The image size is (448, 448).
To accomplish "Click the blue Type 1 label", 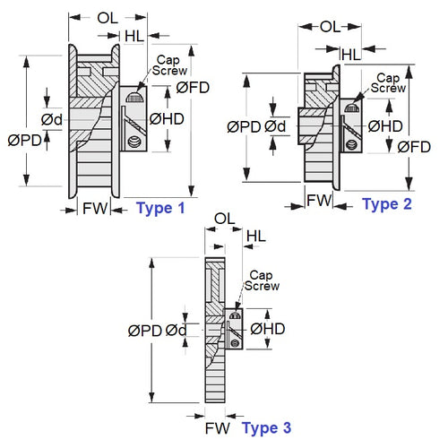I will coord(160,208).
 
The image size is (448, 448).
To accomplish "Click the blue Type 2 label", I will coord(387,204).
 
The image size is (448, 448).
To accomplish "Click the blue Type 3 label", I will coord(266,428).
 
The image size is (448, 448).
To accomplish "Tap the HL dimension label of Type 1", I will coord(135,36).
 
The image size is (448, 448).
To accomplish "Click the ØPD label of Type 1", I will coord(24,140).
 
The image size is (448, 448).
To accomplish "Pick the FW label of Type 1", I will coord(95,208).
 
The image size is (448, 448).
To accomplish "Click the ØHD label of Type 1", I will coord(167,118).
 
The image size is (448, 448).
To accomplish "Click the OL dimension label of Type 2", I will coord(329,27).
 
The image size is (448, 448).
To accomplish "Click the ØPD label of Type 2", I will coord(244,126).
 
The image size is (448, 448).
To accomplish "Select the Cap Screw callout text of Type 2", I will coord(389,83).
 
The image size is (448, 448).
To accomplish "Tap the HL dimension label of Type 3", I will coord(255,236).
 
